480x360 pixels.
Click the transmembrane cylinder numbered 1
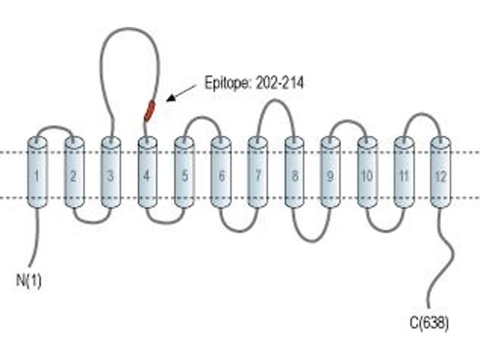(37, 172)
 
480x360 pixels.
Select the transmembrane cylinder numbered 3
(111, 172)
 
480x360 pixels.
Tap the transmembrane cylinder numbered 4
(148, 172)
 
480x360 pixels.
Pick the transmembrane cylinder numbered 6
(221, 172)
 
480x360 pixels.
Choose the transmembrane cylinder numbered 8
(295, 172)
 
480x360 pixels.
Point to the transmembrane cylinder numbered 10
(367, 172)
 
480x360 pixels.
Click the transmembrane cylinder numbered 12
(440, 172)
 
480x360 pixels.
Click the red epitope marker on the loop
(149, 111)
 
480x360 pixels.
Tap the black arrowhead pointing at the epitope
(171, 98)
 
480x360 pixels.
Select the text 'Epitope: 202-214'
(254, 83)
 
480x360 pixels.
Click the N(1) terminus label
(28, 280)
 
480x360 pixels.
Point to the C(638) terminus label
(429, 323)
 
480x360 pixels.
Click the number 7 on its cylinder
(258, 176)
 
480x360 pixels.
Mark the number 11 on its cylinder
(404, 176)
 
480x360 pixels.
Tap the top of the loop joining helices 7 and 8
(276, 100)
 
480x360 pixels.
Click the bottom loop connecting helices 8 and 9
(312, 241)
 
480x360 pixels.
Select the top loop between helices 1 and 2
(55, 127)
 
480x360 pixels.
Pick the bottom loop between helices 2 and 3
(92, 222)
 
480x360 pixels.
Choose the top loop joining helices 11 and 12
(422, 115)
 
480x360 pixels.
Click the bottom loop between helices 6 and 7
(239, 230)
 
